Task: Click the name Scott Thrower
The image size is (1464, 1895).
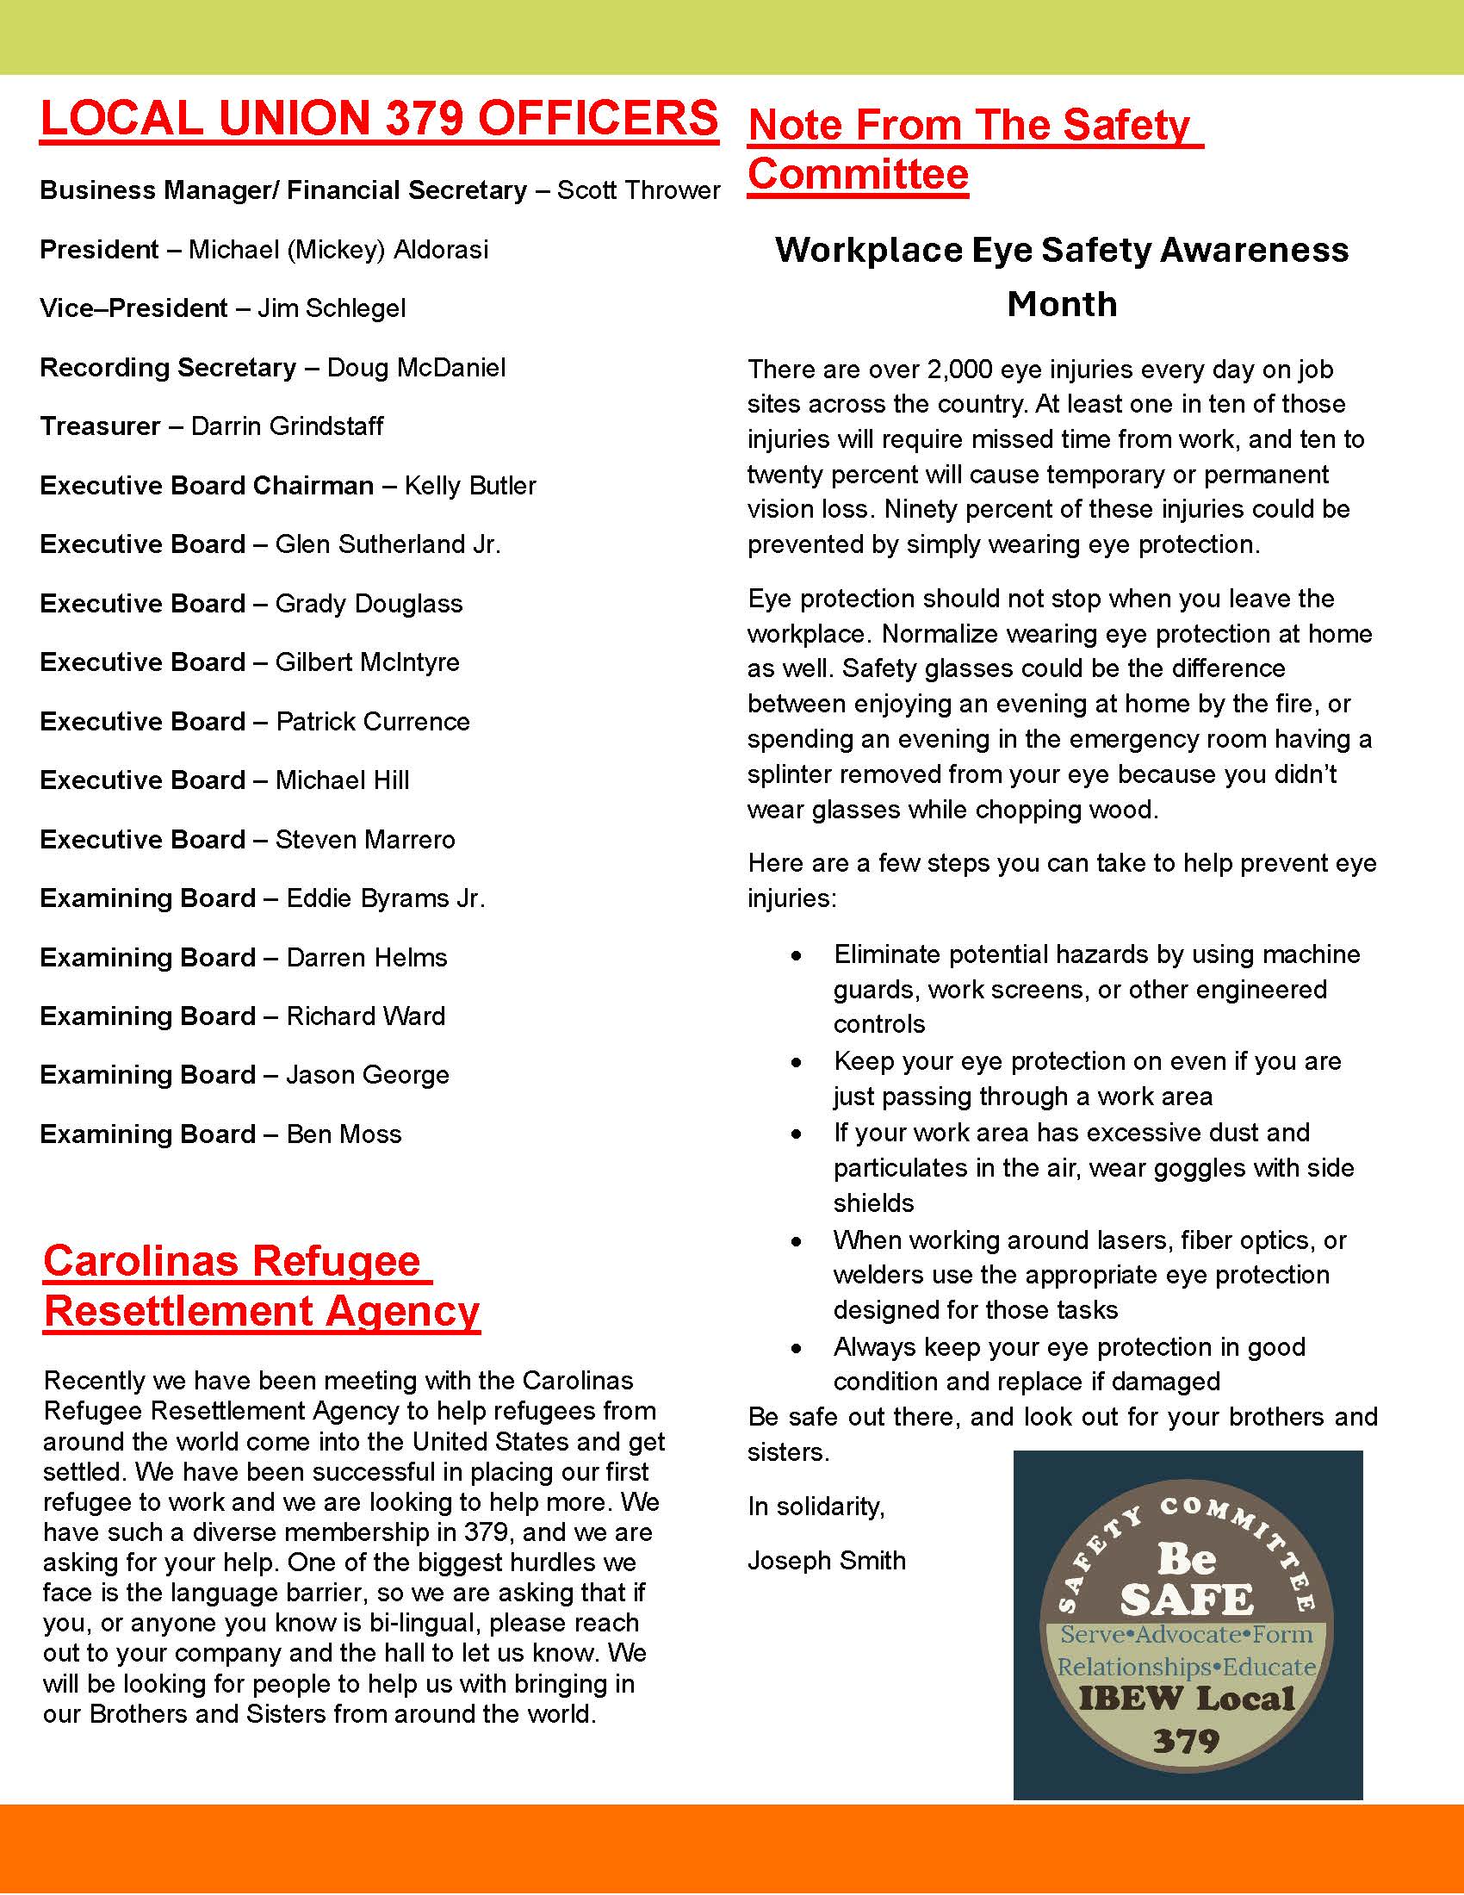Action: click(637, 190)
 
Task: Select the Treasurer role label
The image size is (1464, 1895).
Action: click(100, 426)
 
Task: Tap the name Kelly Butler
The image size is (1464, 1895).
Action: click(470, 485)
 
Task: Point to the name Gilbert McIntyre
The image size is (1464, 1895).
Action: click(367, 662)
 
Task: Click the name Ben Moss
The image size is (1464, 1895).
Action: click(344, 1134)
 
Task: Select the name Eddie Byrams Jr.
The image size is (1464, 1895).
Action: click(385, 898)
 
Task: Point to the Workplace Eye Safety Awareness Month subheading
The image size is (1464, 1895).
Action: click(1062, 276)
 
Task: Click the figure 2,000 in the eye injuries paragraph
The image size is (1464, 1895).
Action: click(959, 370)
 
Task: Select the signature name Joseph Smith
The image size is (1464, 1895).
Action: click(826, 1560)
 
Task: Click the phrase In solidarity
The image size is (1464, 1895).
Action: click(816, 1507)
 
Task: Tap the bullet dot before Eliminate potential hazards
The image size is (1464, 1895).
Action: click(797, 955)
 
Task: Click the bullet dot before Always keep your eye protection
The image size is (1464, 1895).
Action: click(797, 1347)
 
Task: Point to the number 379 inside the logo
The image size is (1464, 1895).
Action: click(1186, 1741)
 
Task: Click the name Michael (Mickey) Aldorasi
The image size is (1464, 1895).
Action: click(338, 250)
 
